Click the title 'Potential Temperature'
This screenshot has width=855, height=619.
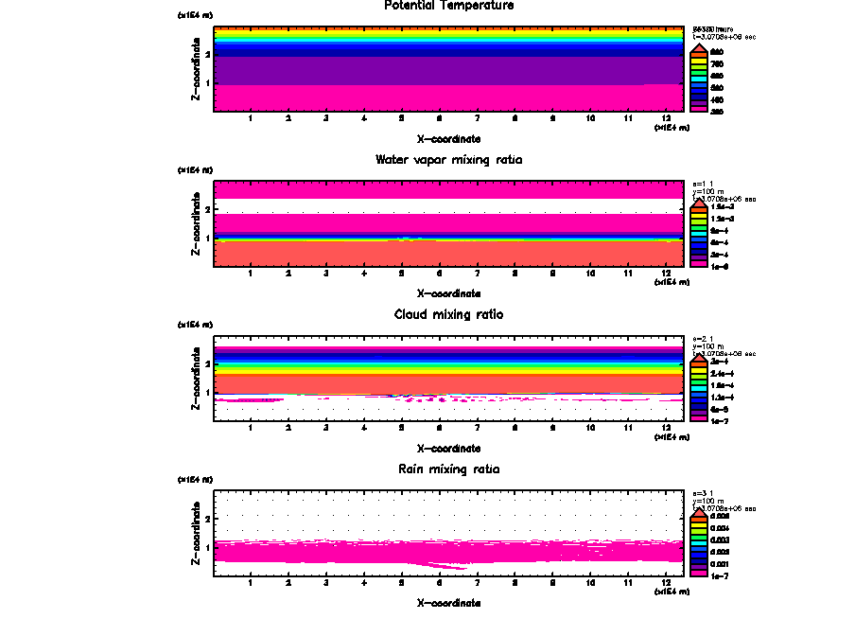pyautogui.click(x=449, y=6)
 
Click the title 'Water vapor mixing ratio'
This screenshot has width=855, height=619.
pyautogui.click(x=449, y=159)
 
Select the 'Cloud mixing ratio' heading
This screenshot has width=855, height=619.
pyautogui.click(x=449, y=314)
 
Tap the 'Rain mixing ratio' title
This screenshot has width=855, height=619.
pyautogui.click(x=449, y=469)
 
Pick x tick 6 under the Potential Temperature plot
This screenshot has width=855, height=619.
pyautogui.click(x=439, y=118)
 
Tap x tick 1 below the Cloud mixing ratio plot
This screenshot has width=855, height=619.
pyautogui.click(x=251, y=429)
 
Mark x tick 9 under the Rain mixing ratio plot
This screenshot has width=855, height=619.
pyautogui.click(x=552, y=583)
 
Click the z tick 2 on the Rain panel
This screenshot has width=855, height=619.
pyautogui.click(x=206, y=519)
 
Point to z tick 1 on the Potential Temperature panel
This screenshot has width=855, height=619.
pyautogui.click(x=206, y=83)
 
